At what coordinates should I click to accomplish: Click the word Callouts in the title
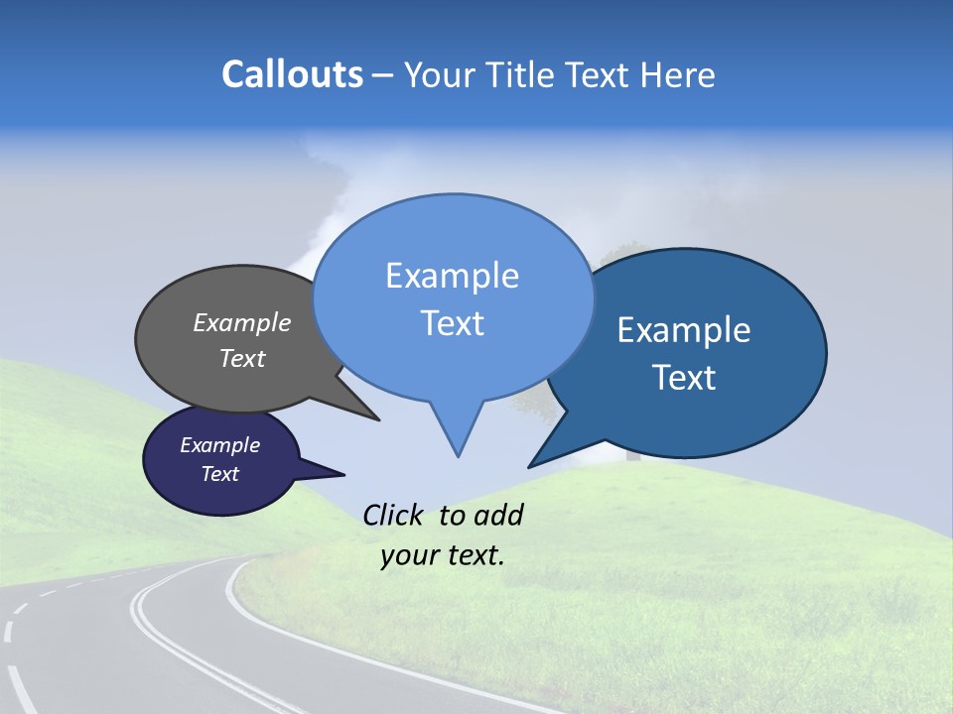[x=292, y=74]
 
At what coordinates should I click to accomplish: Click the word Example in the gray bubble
[x=242, y=323]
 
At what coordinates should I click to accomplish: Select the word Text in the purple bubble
[x=220, y=474]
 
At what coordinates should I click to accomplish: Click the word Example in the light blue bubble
[x=452, y=276]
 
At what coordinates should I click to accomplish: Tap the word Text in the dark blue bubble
[x=684, y=378]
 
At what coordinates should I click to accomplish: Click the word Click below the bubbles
[x=392, y=515]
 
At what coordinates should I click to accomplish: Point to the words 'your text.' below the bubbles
[x=443, y=556]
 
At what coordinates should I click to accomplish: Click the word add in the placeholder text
[x=497, y=515]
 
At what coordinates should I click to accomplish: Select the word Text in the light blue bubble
[x=452, y=323]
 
